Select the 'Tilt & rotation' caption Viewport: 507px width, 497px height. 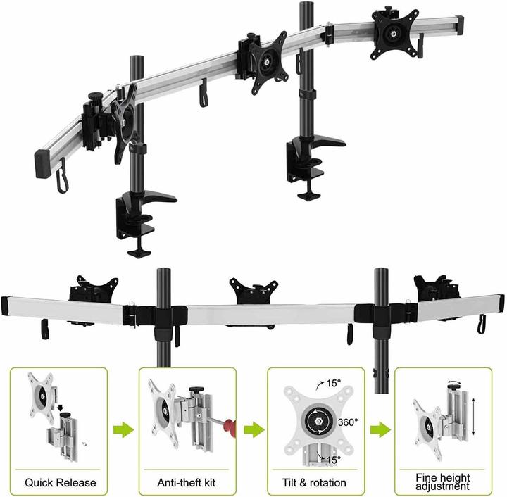[x=315, y=483]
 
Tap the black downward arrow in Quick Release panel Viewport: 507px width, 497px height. [x=62, y=406]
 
